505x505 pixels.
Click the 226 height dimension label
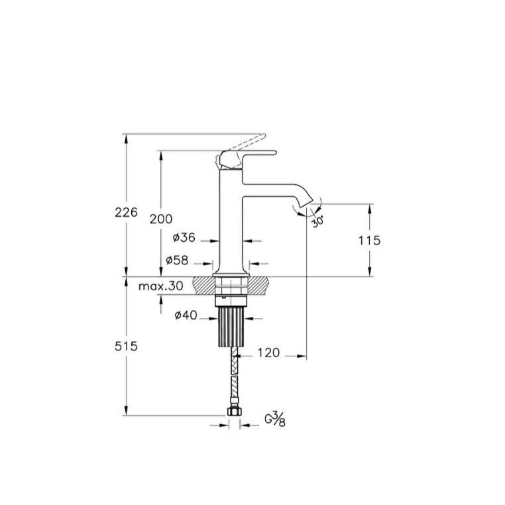pyautogui.click(x=126, y=212)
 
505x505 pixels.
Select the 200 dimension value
pyautogui.click(x=161, y=219)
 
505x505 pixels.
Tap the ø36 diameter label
pyautogui.click(x=184, y=238)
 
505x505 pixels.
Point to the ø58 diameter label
pyautogui.click(x=177, y=260)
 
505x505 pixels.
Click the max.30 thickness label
pyautogui.click(x=160, y=286)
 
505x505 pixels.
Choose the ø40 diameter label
pyautogui.click(x=186, y=315)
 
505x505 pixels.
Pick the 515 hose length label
pyautogui.click(x=126, y=346)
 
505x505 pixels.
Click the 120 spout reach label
pyautogui.click(x=269, y=353)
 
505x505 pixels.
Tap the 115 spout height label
pyautogui.click(x=370, y=241)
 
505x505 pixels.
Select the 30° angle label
pyautogui.click(x=317, y=222)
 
